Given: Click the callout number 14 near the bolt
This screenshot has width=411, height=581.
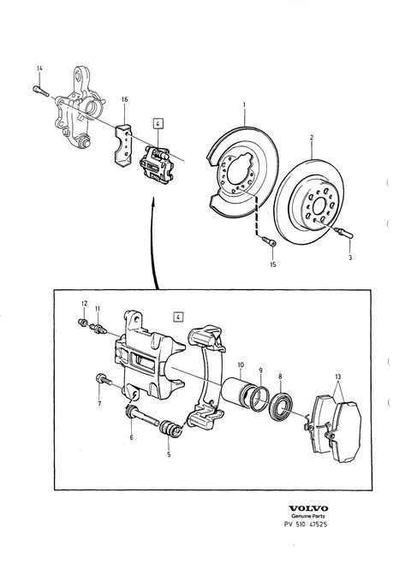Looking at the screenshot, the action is [39, 68].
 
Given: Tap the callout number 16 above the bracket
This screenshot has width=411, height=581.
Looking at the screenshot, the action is [124, 99].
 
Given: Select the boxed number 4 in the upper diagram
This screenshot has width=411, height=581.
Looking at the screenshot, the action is [158, 123].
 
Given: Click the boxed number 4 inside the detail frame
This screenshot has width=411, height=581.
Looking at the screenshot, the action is [178, 317].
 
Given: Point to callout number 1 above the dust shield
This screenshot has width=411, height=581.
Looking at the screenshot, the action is [244, 105].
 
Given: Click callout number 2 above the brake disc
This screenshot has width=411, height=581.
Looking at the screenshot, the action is [312, 138].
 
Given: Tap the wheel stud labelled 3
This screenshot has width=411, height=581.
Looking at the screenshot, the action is [344, 234].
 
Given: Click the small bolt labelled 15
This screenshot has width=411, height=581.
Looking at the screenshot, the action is [270, 242].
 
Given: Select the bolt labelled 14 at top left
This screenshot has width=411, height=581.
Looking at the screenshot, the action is [41, 91].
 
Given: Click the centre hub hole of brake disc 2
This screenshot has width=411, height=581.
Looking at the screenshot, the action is [320, 205].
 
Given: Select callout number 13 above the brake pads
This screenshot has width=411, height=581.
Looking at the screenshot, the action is [337, 377].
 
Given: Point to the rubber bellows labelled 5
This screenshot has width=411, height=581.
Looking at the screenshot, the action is [170, 430].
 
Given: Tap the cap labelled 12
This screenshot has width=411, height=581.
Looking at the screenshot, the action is [83, 322].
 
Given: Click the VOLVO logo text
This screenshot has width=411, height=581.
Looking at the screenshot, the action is [308, 508].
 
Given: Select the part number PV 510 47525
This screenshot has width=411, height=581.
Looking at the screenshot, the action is [306, 525].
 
